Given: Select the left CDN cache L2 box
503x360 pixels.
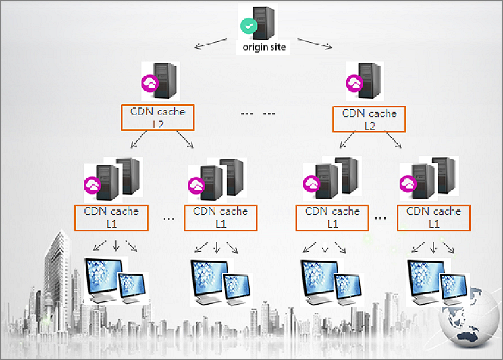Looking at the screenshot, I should (x=158, y=118).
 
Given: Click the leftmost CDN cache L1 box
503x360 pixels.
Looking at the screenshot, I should (x=111, y=217).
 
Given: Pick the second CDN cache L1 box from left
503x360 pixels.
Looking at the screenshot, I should (x=220, y=217).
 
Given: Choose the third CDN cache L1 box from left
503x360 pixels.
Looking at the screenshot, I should (x=332, y=217).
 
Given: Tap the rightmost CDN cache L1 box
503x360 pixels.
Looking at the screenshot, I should (x=433, y=217).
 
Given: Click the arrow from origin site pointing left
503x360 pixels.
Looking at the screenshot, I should (x=211, y=45).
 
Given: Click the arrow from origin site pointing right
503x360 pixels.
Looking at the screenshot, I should (x=315, y=44).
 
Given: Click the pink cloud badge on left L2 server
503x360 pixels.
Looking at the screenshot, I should (x=149, y=84).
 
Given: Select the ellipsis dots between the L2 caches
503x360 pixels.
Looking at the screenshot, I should (x=259, y=113).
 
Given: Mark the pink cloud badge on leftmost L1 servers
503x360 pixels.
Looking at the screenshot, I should (x=91, y=184).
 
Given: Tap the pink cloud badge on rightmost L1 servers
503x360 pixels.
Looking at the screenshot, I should (x=408, y=184).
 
